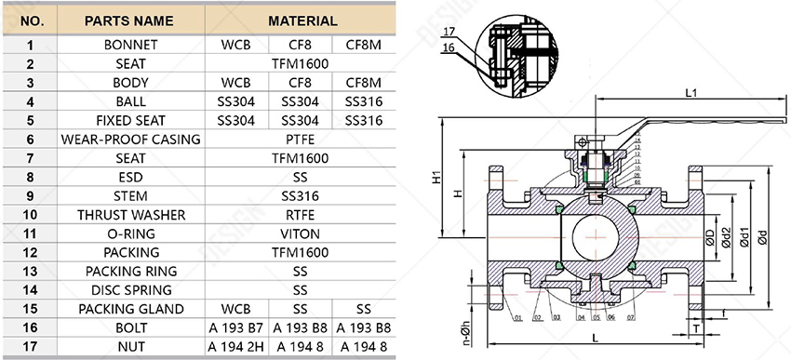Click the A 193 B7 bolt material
pos(235,328)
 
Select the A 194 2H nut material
pos(235,347)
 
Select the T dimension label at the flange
pos(696,327)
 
